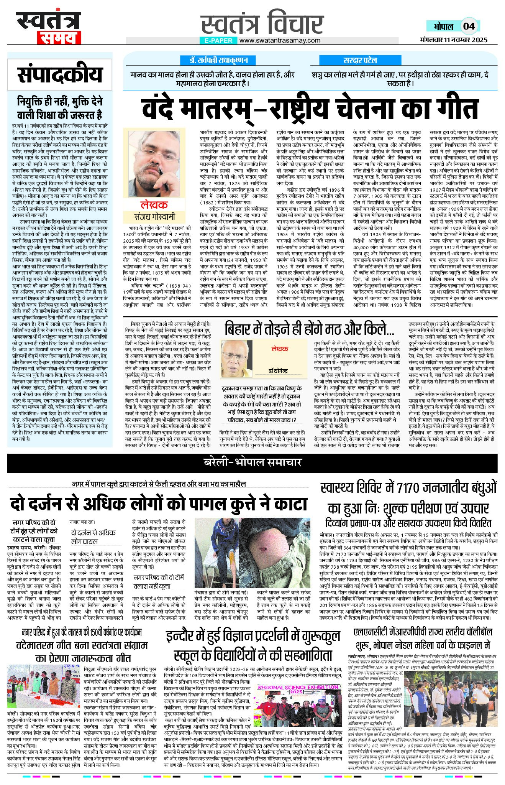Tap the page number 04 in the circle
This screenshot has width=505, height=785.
469,26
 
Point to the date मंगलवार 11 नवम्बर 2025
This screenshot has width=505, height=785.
453,39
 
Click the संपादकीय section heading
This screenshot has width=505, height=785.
60,75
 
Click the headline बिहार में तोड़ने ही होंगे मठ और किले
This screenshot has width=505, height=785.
309,329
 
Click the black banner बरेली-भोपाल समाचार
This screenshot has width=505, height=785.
252,462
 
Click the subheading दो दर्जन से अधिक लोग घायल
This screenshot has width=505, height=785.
93,536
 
